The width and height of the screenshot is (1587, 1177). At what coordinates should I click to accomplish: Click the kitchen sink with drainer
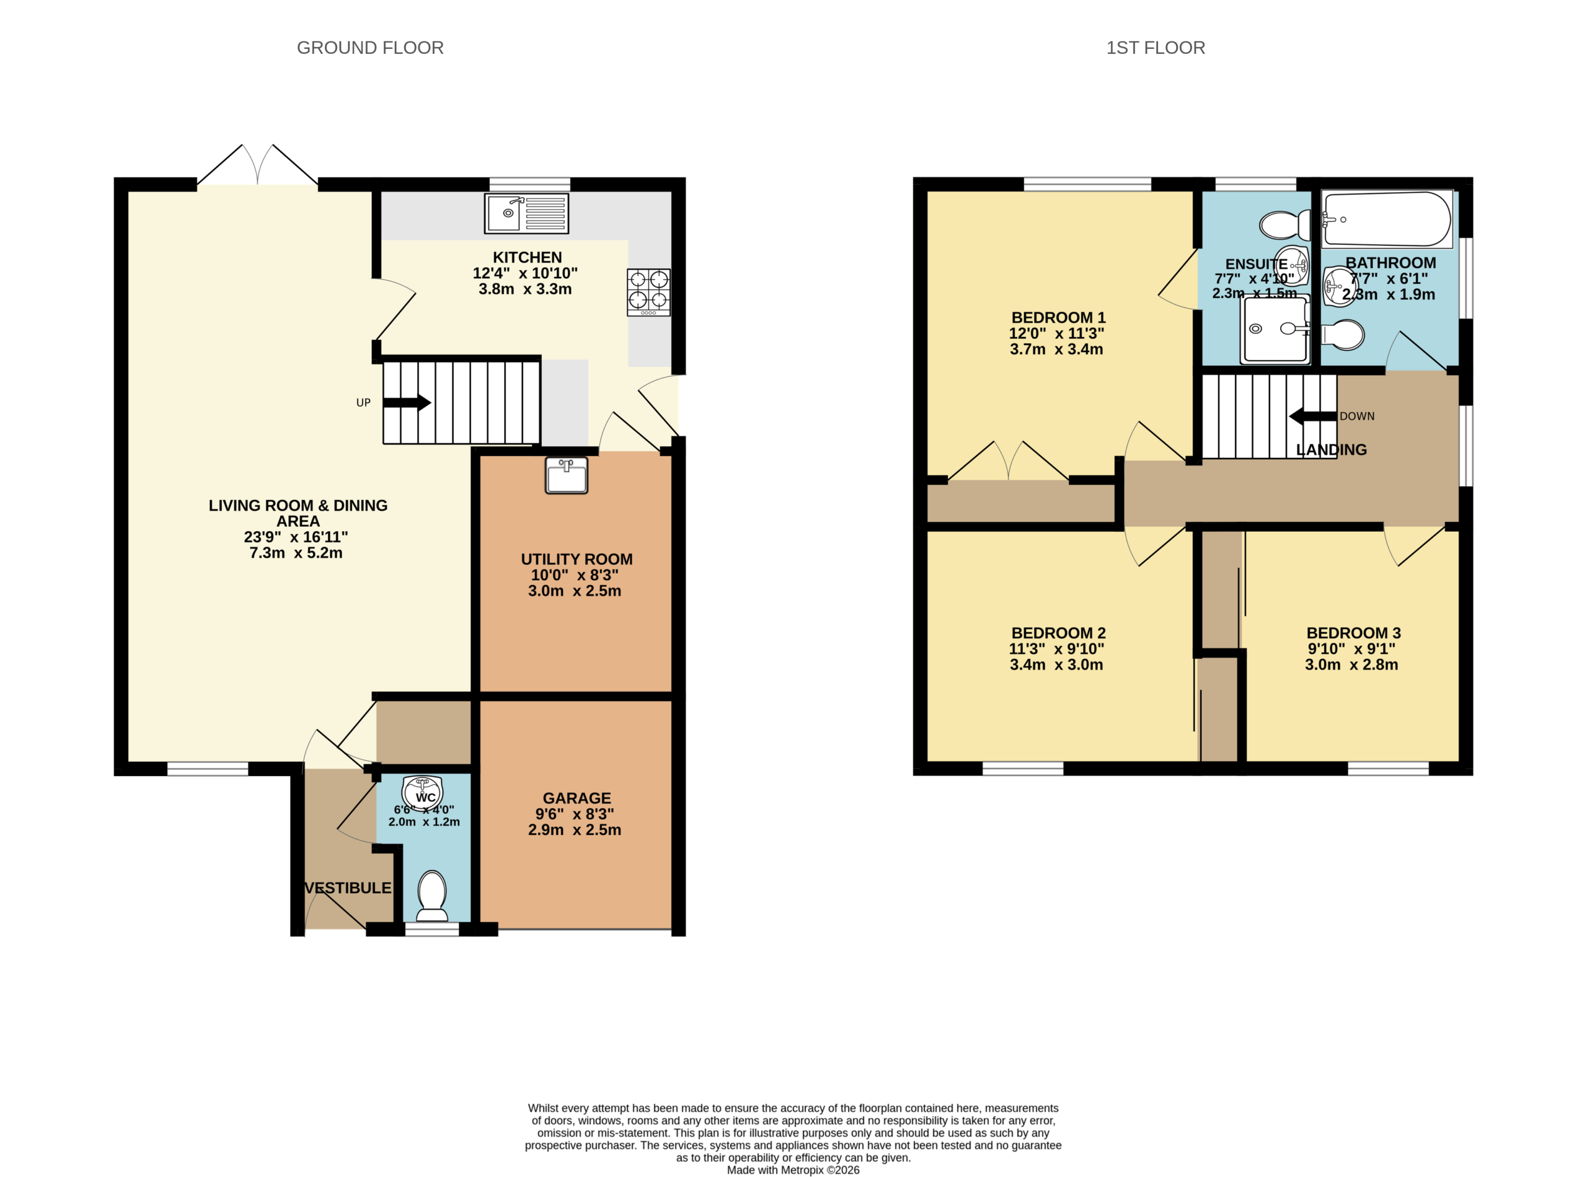527,213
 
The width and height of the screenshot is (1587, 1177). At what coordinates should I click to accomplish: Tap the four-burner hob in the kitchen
648,292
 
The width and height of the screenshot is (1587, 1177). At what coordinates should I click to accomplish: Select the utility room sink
567,475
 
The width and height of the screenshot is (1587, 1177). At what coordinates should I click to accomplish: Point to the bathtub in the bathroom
1387,219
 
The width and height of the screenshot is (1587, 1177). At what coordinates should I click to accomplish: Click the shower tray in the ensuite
1276,329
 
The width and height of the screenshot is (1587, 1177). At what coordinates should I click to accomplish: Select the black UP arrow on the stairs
407,402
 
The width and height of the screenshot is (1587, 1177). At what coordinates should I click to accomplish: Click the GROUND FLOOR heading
370,48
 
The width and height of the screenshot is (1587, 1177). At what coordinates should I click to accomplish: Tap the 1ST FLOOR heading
1155,48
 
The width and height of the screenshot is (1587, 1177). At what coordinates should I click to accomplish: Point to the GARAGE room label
577,798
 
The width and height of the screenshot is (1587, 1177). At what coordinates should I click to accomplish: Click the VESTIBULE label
348,888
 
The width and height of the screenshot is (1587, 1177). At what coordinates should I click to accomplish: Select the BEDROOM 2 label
1058,633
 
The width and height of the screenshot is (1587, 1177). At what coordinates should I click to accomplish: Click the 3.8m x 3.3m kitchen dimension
525,289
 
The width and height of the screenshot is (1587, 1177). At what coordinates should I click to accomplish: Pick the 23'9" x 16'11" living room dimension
296,537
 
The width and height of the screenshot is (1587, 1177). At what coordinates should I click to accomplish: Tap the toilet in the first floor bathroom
1343,335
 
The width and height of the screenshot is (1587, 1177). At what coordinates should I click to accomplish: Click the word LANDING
1331,449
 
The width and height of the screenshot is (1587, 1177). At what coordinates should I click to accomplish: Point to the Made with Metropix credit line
793,1169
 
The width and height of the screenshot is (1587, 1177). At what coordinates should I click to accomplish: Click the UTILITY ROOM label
577,559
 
